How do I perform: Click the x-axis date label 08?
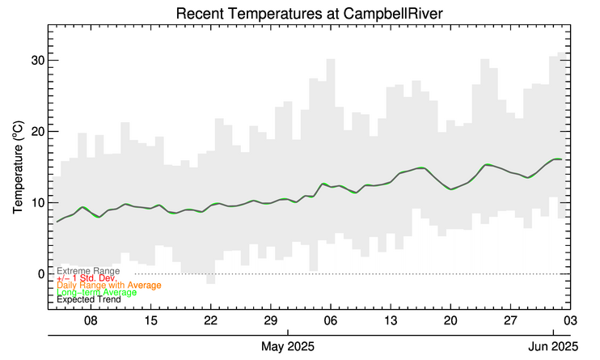91,320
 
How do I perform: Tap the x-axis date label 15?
150,320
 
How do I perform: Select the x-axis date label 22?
210,320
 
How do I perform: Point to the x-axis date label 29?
270,320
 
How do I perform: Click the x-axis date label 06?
330,320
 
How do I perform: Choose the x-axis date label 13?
390,320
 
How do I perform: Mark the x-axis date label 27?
509,320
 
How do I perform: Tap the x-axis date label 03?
569,320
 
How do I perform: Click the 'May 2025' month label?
288,347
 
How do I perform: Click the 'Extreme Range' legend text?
88,271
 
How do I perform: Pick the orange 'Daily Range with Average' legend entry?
109,286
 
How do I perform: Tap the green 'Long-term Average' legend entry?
96,292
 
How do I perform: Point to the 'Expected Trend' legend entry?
89,299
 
